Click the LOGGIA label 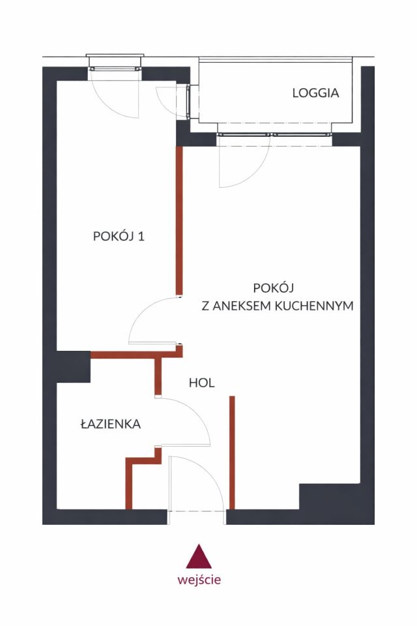tap(315, 93)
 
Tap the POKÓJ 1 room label tap(119, 237)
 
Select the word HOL tap(202, 383)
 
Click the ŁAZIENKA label tap(111, 424)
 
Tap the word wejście tap(199, 579)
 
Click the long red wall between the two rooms tap(179, 222)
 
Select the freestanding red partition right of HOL tap(232, 450)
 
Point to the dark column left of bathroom tap(72, 366)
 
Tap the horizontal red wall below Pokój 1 tap(130, 355)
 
